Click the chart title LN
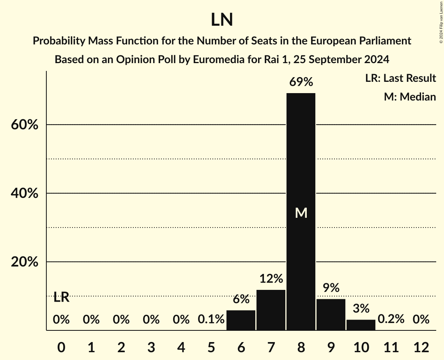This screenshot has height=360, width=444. tap(222, 20)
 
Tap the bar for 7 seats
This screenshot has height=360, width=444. tap(271, 310)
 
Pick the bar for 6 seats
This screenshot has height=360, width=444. tap(241, 320)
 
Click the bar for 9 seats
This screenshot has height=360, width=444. tap(331, 315)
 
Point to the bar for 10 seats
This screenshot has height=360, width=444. tap(361, 325)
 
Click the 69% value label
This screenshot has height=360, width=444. tap(301, 82)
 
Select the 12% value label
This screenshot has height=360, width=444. tap(271, 279)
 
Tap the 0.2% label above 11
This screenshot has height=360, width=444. tap(391, 319)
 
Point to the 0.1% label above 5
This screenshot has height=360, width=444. tap(211, 319)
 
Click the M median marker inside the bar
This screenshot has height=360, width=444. tap(301, 213)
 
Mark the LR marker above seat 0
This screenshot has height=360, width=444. tap(61, 298)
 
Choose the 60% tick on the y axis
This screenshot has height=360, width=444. tap(24, 125)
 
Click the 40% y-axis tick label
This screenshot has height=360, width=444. tap(24, 194)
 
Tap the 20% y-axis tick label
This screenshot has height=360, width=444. tap(24, 262)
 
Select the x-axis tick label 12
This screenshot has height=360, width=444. tap(421, 347)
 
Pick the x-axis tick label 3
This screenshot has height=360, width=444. tap(151, 347)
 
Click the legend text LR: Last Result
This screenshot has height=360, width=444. tap(400, 78)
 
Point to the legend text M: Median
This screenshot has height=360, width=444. tap(410, 97)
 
